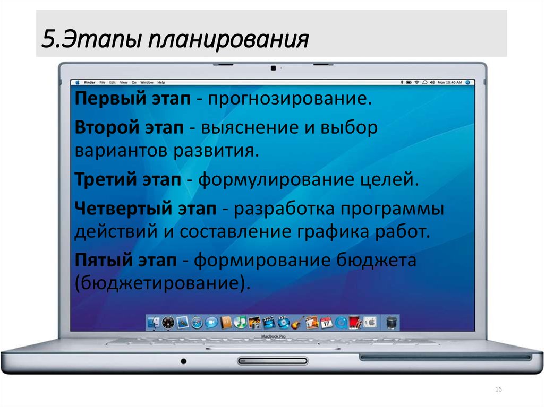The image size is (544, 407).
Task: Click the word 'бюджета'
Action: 376,260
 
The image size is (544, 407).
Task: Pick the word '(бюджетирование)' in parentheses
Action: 161,282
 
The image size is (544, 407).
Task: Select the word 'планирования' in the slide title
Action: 229,39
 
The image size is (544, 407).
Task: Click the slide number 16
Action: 498,390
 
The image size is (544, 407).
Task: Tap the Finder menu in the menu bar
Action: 89,83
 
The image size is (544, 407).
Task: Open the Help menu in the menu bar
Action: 161,83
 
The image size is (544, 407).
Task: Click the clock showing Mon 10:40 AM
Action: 450,83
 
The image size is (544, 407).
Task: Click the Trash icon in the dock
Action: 391,322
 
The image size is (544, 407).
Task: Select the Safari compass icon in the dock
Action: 197,322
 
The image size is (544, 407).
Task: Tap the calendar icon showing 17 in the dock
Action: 327,322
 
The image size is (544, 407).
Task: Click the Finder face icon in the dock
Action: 154,322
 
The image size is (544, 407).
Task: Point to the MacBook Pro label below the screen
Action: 273,336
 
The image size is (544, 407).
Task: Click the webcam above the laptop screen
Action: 273,68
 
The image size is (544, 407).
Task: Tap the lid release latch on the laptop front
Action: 273,361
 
